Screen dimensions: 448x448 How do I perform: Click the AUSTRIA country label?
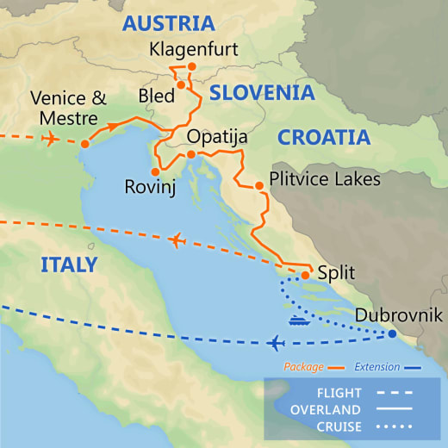168,23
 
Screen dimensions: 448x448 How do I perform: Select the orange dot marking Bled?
182,84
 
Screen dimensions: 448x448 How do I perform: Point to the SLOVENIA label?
262,93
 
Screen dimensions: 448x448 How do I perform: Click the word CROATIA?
323,137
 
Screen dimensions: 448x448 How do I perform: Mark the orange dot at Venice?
84,145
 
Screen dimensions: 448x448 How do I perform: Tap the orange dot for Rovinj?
155,171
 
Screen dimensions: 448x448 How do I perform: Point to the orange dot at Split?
305,276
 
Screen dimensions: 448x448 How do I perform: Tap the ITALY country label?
69,264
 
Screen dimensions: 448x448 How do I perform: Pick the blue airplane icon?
276,344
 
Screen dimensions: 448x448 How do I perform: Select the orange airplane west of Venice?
50,138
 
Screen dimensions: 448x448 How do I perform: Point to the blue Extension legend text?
376,367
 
